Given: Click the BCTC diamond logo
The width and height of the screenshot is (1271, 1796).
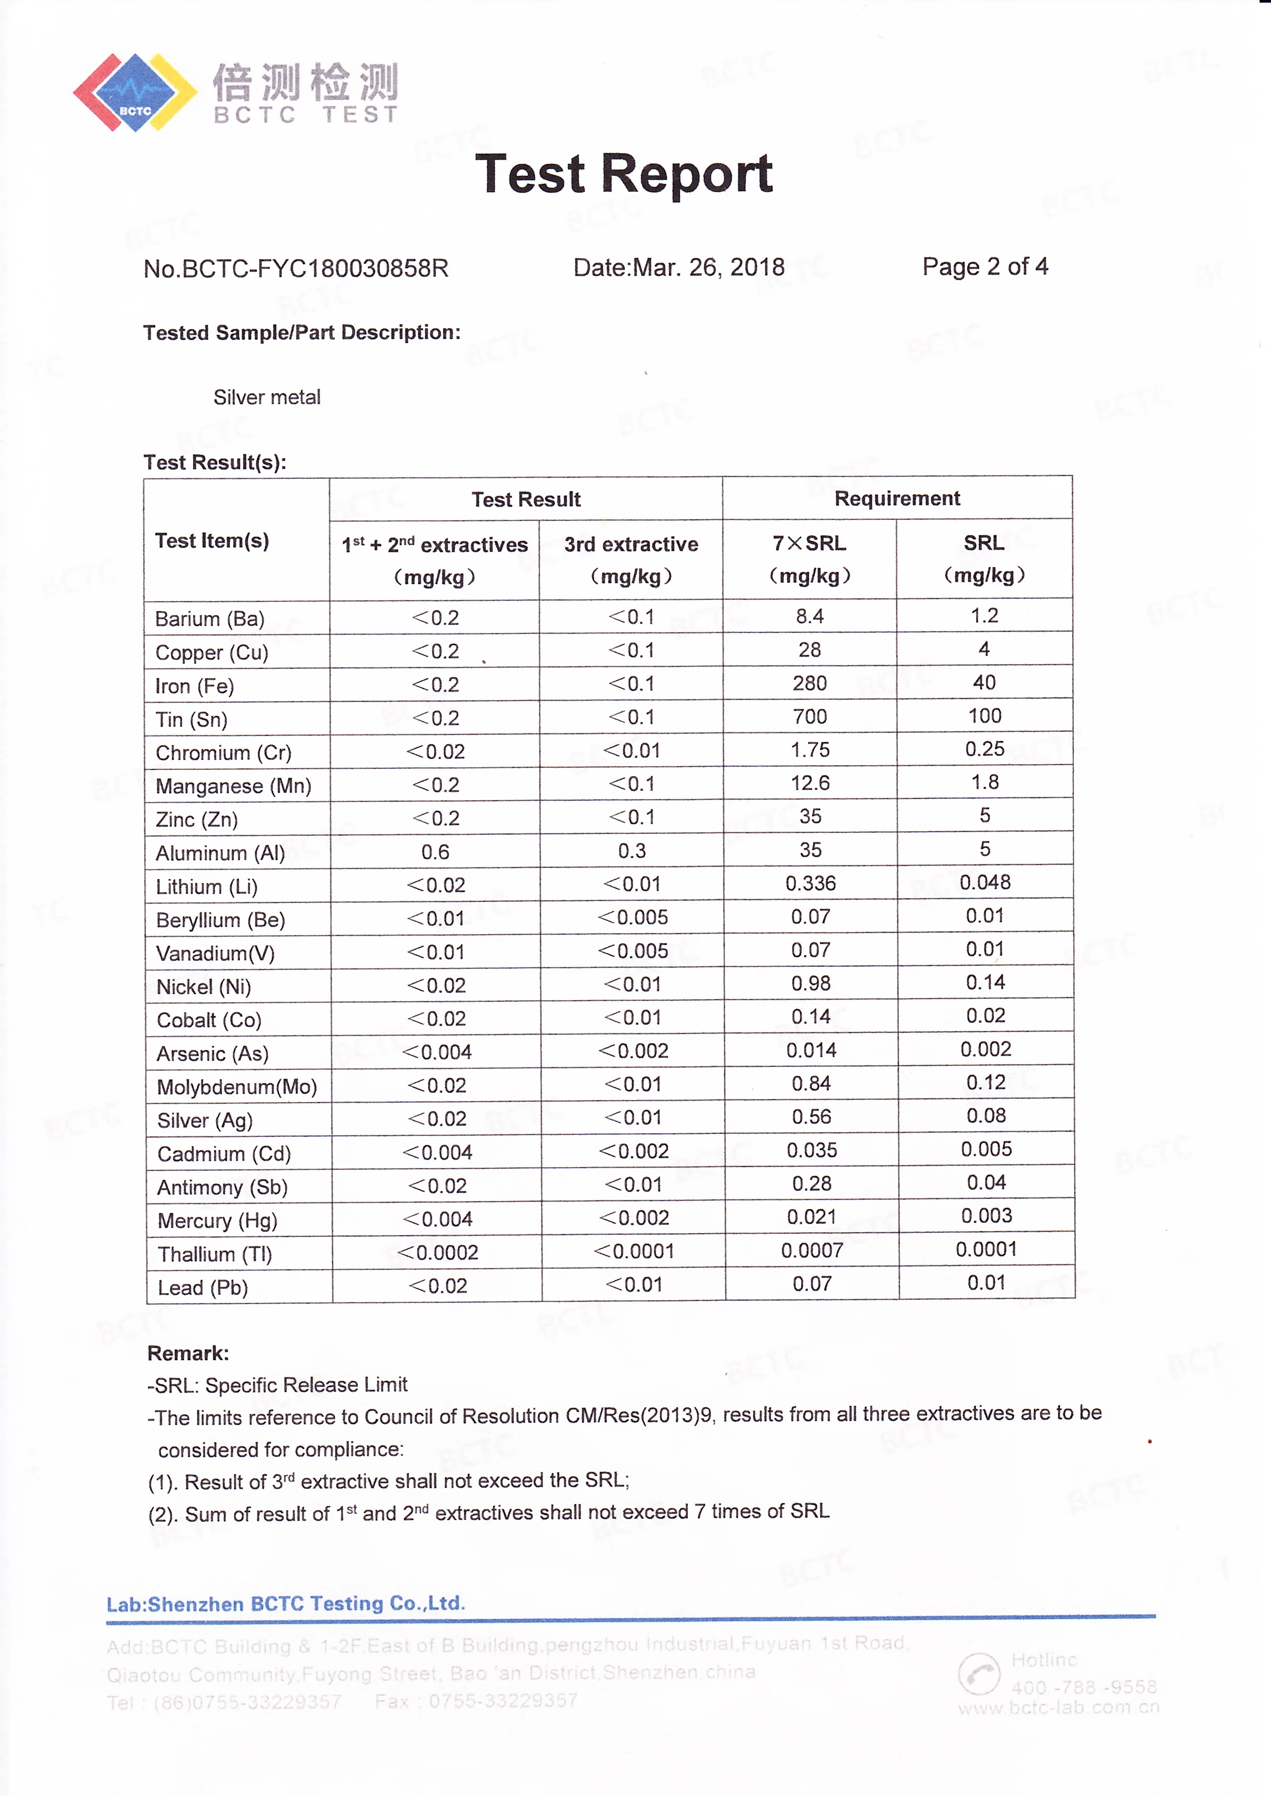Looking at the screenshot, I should [x=135, y=92].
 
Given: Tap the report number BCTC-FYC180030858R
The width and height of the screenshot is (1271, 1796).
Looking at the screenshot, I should [x=296, y=268].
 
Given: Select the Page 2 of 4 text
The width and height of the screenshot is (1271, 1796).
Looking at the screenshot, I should [x=985, y=267].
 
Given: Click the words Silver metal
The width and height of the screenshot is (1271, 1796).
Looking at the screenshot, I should [x=267, y=397].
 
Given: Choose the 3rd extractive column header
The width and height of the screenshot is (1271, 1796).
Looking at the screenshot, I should [x=631, y=559].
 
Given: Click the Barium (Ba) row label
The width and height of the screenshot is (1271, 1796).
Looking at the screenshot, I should [x=210, y=619].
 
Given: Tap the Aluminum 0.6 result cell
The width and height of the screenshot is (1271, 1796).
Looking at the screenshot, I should [x=435, y=852].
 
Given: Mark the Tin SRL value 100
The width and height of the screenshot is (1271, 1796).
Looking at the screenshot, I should [x=985, y=716].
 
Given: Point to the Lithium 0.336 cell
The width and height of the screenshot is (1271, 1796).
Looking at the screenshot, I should [x=811, y=884].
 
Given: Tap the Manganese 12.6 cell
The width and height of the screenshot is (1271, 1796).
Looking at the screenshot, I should [x=810, y=783].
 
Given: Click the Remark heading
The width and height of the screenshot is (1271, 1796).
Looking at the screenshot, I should [x=188, y=1353].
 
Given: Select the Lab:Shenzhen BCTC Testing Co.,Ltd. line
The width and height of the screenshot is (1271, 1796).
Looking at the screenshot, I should [x=285, y=1603].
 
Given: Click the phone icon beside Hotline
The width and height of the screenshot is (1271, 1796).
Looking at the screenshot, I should [x=978, y=1675].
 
